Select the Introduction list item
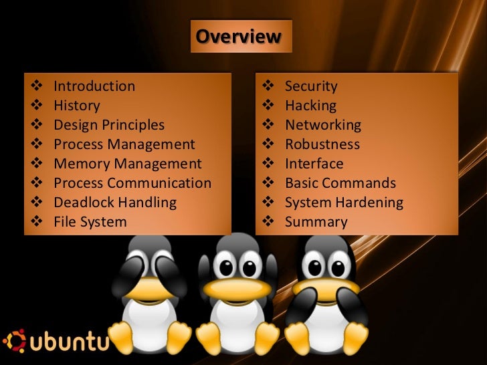(94, 86)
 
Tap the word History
(77, 106)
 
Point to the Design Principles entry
(109, 125)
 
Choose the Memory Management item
(127, 164)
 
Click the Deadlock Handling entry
(115, 203)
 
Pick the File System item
(90, 222)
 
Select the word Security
(311, 86)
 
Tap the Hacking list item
(310, 106)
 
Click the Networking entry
(323, 125)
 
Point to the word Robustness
(322, 144)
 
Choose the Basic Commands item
(340, 183)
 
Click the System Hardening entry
(344, 203)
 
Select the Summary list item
(316, 222)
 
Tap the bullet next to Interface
(268, 164)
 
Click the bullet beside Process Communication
(36, 183)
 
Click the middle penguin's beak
(237, 288)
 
